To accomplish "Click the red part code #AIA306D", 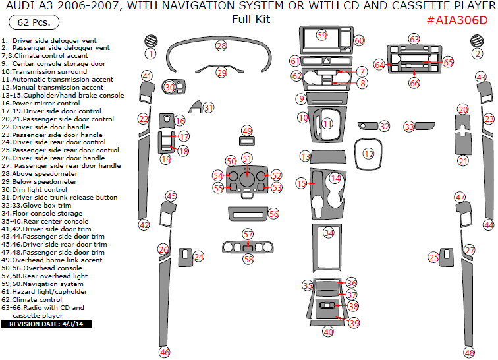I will pyautogui.click(x=457, y=20).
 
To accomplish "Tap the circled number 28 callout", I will pyautogui.click(x=221, y=45).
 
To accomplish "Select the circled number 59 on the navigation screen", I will pyautogui.click(x=321, y=34).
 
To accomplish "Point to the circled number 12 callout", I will pyautogui.click(x=369, y=154).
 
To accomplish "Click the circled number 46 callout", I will pyautogui.click(x=164, y=352).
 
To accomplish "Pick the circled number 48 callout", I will pyautogui.click(x=469, y=352).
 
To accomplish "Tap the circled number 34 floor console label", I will pyautogui.click(x=328, y=233).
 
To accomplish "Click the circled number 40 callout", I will pyautogui.click(x=328, y=332).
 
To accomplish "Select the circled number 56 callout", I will pyautogui.click(x=273, y=214).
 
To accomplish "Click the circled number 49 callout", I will pyautogui.click(x=247, y=131).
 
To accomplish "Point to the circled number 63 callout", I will pyautogui.click(x=414, y=39).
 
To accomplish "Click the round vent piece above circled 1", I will pyautogui.click(x=151, y=41).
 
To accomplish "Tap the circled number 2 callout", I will pyautogui.click(x=477, y=53).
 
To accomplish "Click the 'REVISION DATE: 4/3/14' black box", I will pyautogui.click(x=46, y=324).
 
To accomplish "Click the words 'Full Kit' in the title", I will pyautogui.click(x=251, y=19).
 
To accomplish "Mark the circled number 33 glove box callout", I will pyautogui.click(x=409, y=126).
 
